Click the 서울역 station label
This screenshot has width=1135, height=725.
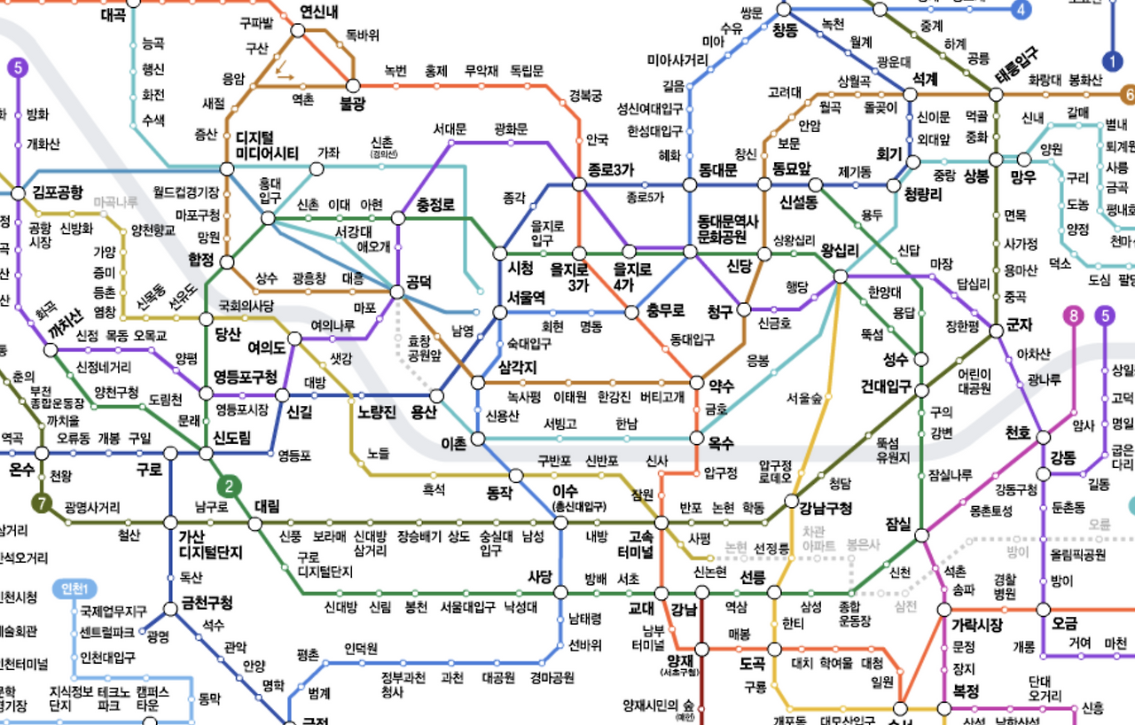(x=527, y=297)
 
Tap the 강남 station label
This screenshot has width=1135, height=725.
(x=685, y=609)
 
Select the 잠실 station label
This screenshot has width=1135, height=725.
(x=898, y=524)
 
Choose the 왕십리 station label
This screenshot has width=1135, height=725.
(x=840, y=251)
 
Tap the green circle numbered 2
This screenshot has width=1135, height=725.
(x=230, y=486)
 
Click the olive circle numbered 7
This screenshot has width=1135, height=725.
(x=41, y=503)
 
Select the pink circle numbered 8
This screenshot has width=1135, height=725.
(x=1075, y=316)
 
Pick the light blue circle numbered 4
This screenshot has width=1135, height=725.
(x=1022, y=11)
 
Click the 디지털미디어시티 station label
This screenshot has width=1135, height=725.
(x=267, y=145)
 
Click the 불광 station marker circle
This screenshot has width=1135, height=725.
(x=353, y=86)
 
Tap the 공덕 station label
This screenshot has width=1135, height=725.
(x=419, y=284)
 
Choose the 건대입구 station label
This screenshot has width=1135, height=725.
(x=886, y=387)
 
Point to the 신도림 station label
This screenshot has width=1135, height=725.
(x=232, y=439)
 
